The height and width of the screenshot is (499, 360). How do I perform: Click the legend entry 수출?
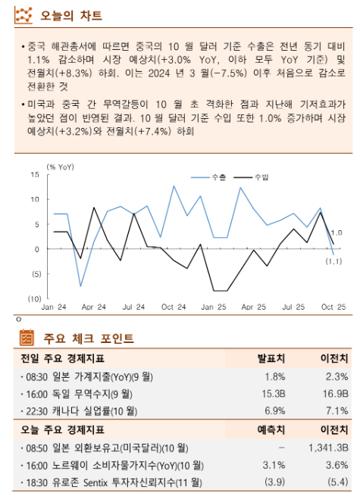click(218, 176)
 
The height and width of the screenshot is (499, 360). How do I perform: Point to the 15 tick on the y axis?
click(35, 175)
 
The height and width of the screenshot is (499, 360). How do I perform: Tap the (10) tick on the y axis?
click(33, 298)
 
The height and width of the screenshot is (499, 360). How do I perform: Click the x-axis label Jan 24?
click(53, 307)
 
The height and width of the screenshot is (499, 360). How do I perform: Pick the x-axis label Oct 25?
click(333, 307)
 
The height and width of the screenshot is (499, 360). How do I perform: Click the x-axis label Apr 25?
click(253, 307)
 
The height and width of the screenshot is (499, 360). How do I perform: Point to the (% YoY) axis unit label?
click(61, 166)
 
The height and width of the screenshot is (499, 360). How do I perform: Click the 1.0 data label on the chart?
click(337, 233)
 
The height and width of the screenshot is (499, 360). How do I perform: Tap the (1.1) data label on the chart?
click(334, 261)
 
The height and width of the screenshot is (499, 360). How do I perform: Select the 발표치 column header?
click(271, 358)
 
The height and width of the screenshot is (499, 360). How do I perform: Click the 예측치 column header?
click(271, 429)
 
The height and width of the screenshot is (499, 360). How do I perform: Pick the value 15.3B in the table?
click(273, 394)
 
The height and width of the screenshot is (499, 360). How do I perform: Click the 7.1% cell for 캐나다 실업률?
click(337, 411)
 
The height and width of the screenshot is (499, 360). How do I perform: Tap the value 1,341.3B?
click(328, 448)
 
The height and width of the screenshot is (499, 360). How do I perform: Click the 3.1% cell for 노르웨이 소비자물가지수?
click(274, 465)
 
